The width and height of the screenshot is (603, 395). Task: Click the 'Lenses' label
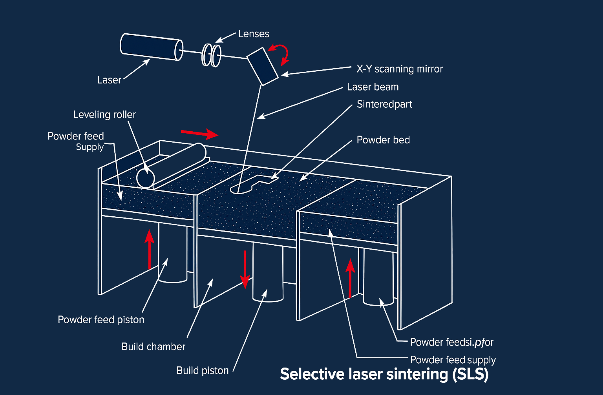pyautogui.click(x=254, y=34)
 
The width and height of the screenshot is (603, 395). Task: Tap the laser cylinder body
pyautogui.click(x=151, y=47)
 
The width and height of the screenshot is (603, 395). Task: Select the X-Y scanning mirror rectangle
pyautogui.click(x=262, y=66)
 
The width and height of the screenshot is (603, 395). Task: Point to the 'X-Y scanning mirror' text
pyautogui.click(x=399, y=69)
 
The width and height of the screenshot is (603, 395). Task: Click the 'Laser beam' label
pyautogui.click(x=373, y=87)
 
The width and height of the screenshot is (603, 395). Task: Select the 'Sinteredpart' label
pyautogui.click(x=384, y=104)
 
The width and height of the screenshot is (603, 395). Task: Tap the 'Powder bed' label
pyautogui.click(x=383, y=140)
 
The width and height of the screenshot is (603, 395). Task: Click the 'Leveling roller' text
pyautogui.click(x=104, y=114)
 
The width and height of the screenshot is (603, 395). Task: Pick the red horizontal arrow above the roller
pyautogui.click(x=199, y=134)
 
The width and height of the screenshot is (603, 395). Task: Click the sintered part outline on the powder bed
pyautogui.click(x=251, y=184)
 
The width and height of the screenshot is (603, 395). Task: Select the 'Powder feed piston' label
pyautogui.click(x=101, y=320)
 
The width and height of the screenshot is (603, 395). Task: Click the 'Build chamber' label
pyautogui.click(x=153, y=347)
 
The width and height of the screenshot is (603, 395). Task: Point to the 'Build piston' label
pyautogui.click(x=202, y=371)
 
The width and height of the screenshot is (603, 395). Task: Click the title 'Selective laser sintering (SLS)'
pyautogui.click(x=384, y=374)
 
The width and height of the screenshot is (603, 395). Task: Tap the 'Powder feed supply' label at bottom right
pyautogui.click(x=453, y=360)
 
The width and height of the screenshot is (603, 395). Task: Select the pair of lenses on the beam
pyautogui.click(x=211, y=55)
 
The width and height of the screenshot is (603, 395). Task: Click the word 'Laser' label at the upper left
pyautogui.click(x=109, y=80)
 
